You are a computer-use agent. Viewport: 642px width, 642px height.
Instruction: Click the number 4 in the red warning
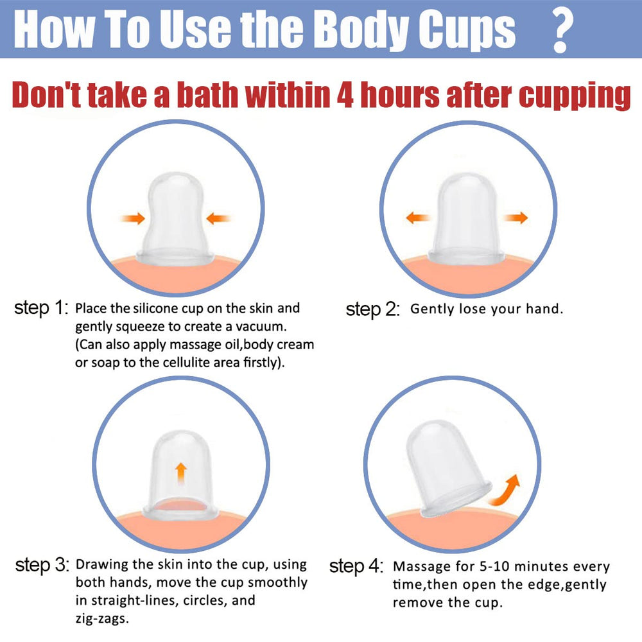(345, 94)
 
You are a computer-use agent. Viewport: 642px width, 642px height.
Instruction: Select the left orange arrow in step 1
(133, 218)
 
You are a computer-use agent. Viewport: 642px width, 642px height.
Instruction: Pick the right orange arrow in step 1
(218, 218)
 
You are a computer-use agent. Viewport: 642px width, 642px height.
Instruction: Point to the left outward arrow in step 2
(418, 218)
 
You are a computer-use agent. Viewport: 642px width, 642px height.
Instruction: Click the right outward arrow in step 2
(516, 218)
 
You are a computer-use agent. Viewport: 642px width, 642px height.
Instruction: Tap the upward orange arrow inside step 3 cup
(181, 473)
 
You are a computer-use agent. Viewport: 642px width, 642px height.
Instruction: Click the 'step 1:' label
(41, 308)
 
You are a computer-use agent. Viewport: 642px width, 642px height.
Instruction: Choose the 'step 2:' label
(372, 309)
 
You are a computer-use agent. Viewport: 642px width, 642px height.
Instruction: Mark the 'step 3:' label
(42, 565)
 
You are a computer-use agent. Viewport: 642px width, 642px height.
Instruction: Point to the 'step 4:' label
(356, 566)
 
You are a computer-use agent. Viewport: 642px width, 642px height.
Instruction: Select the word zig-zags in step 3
(102, 618)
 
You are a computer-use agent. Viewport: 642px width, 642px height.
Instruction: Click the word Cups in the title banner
(467, 30)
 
